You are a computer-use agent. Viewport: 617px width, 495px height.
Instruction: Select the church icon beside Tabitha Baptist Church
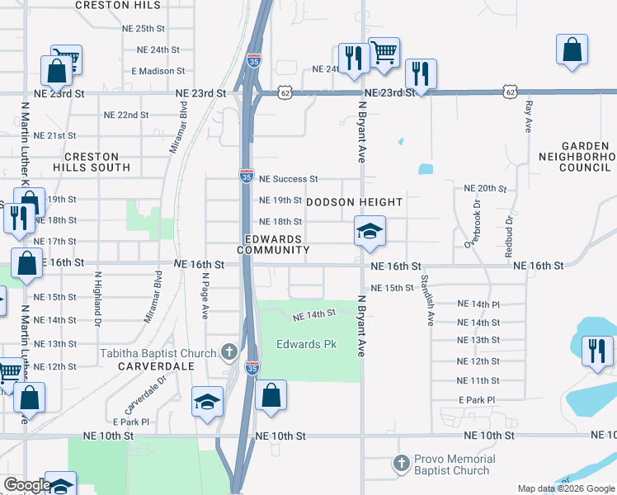click(x=230, y=353)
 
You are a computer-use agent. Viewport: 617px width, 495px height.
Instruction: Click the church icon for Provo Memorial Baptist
click(x=402, y=464)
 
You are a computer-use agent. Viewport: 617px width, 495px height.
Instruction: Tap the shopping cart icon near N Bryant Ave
click(x=384, y=53)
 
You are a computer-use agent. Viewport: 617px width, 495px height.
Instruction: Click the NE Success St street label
click(x=288, y=178)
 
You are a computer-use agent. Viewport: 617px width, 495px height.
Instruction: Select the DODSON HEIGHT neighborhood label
click(x=355, y=202)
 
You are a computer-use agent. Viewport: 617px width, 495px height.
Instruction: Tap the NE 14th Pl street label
click(x=478, y=304)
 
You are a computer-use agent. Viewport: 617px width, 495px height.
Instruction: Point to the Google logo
click(x=26, y=485)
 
